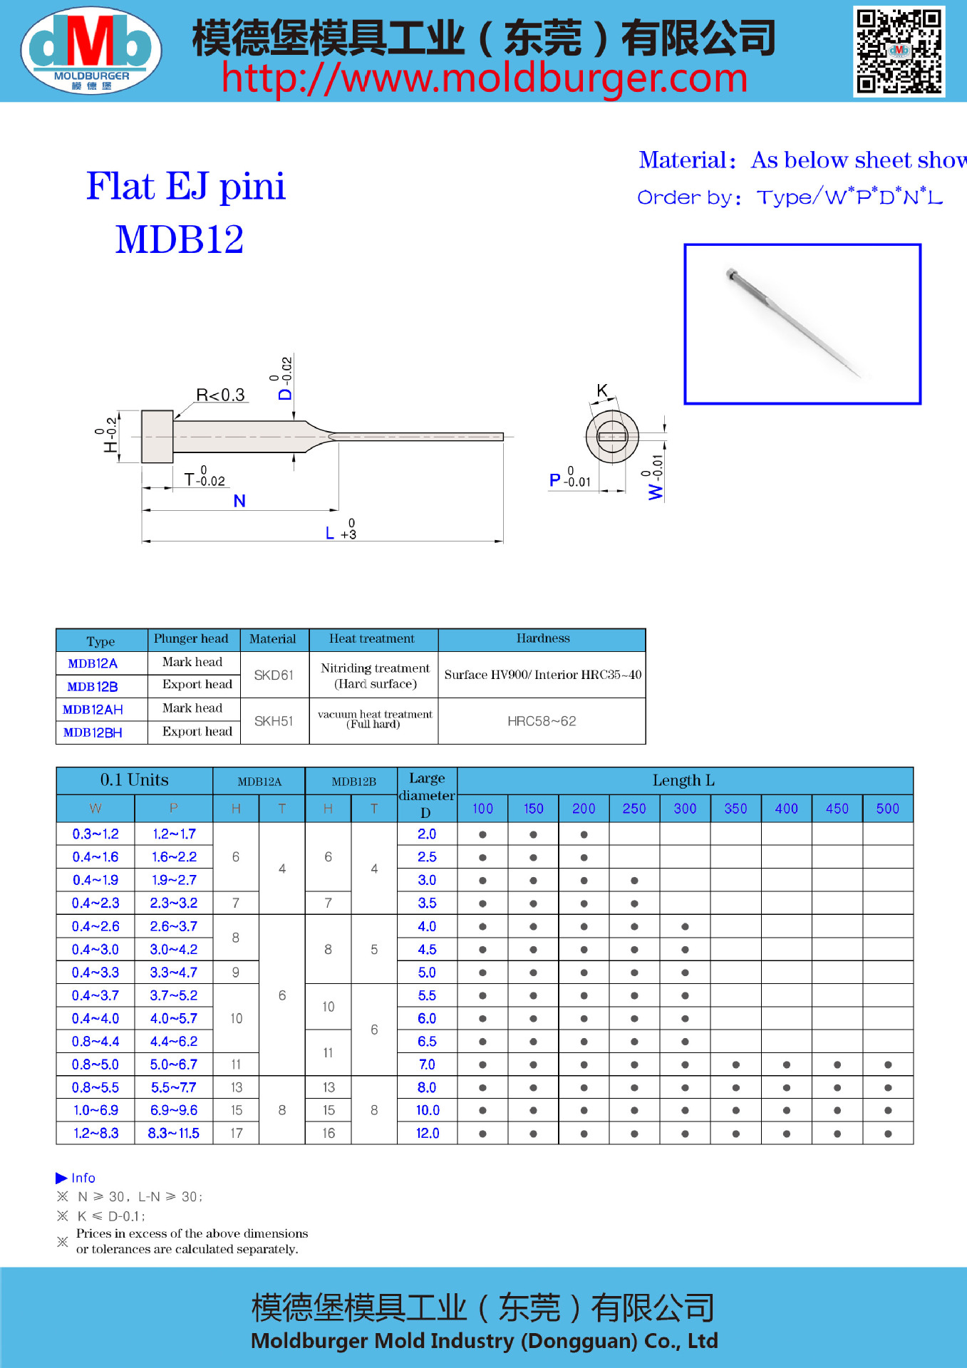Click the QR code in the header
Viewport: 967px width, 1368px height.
pyautogui.click(x=899, y=51)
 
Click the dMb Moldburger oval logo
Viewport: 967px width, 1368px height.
pyautogui.click(x=91, y=50)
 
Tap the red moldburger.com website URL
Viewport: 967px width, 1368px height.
pyautogui.click(x=484, y=78)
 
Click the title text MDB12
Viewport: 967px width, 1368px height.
pyautogui.click(x=180, y=239)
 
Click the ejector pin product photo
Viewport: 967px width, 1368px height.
pyautogui.click(x=802, y=324)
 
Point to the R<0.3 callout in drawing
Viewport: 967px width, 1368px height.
pyautogui.click(x=220, y=395)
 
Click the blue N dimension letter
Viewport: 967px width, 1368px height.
pyautogui.click(x=239, y=501)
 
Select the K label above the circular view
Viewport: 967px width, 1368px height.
pyautogui.click(x=602, y=390)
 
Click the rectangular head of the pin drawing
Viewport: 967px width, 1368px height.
pyautogui.click(x=157, y=437)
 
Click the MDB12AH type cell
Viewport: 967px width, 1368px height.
pyautogui.click(x=93, y=710)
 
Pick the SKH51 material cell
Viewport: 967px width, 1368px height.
pyautogui.click(x=274, y=721)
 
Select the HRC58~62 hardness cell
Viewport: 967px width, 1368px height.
pyautogui.click(x=542, y=721)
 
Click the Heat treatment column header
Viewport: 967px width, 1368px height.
pyautogui.click(x=372, y=639)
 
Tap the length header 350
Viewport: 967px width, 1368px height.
pyautogui.click(x=735, y=809)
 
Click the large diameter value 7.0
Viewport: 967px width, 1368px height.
pyautogui.click(x=427, y=1064)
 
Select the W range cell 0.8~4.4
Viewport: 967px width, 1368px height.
pyautogui.click(x=95, y=1042)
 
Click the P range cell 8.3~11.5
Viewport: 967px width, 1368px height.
pyautogui.click(x=173, y=1133)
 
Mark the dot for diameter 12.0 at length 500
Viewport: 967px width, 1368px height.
pyautogui.click(x=888, y=1134)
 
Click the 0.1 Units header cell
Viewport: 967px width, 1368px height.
pyautogui.click(x=134, y=780)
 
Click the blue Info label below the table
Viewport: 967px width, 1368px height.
pyautogui.click(x=83, y=1178)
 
